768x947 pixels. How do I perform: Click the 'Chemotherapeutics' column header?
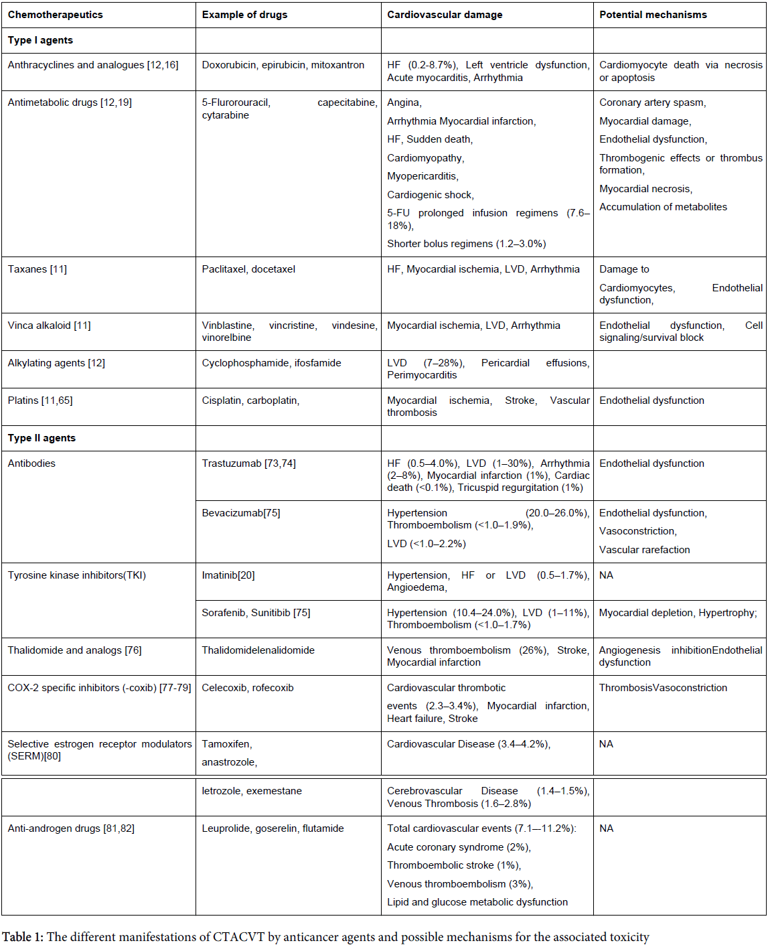point(56,15)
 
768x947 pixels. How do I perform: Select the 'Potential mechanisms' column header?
point(653,15)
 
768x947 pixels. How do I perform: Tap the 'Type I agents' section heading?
point(40,40)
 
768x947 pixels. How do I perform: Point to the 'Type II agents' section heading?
point(42,438)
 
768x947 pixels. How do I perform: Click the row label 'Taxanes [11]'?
point(37,269)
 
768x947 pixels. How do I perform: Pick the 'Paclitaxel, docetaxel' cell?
point(248,269)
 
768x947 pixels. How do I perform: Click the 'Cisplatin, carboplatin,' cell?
point(250,400)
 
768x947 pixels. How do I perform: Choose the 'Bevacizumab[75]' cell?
point(241,513)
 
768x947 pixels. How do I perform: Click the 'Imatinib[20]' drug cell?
point(228,575)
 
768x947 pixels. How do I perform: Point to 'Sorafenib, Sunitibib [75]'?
point(256,613)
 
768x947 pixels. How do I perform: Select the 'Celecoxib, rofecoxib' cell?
point(248,688)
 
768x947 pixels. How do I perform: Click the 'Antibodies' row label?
point(31,463)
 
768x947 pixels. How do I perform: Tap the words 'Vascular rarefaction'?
point(644,550)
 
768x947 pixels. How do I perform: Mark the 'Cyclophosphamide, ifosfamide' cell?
point(271,363)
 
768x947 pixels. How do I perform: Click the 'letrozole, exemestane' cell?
point(252,791)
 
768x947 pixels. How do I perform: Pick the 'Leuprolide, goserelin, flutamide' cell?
point(273,828)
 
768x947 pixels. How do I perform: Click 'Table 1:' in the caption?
point(23,937)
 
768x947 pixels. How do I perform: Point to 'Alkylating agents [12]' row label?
point(56,363)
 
